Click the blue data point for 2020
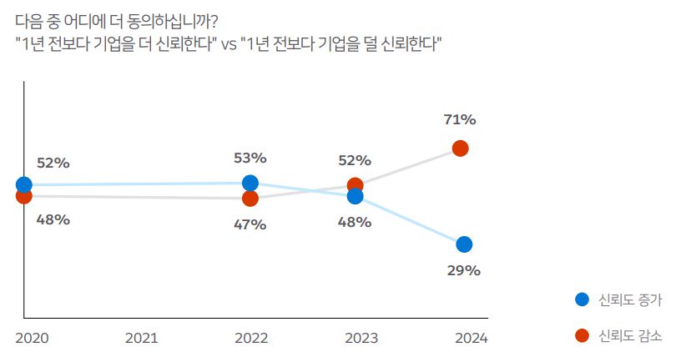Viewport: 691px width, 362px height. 24,184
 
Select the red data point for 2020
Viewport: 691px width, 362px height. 24,195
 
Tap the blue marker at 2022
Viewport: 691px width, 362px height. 250,184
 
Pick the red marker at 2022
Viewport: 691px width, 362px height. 250,199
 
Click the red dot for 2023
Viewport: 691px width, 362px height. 355,185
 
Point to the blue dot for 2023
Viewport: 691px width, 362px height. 355,196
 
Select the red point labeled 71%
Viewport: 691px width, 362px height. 460,148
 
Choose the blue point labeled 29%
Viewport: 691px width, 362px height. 464,244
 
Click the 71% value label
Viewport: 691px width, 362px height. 459,120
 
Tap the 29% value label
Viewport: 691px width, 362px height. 464,270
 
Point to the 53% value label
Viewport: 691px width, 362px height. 250,158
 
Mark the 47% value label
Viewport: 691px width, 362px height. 250,224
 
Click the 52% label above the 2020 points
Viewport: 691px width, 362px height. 53,163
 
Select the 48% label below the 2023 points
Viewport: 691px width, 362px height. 355,223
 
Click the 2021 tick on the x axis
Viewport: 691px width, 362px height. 141,339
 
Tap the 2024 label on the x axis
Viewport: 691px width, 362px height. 471,339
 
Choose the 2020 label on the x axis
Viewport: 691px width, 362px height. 32,339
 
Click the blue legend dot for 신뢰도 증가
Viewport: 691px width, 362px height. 582,299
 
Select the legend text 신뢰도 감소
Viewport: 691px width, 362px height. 631,335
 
